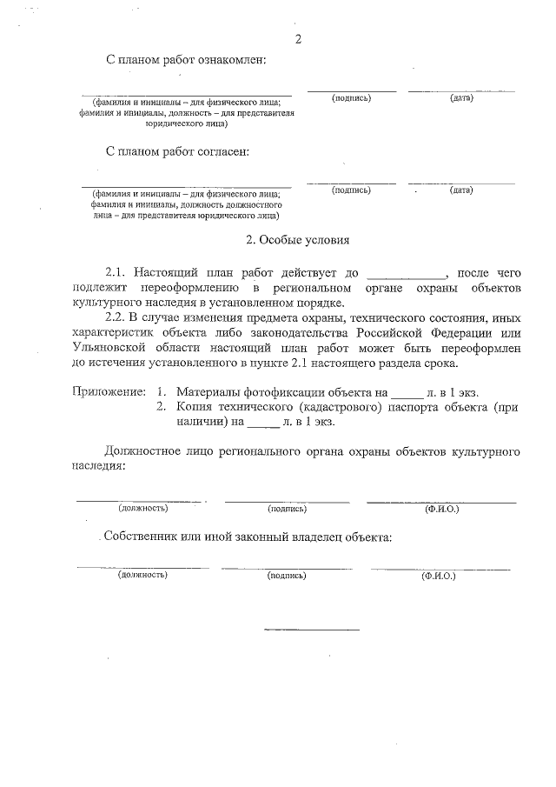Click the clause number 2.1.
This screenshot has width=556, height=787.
tap(116, 273)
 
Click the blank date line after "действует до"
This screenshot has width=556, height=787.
tap(407, 274)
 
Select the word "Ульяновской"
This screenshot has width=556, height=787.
tap(112, 348)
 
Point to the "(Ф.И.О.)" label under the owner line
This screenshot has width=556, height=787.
tap(438, 576)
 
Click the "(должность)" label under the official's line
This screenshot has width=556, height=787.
tap(142, 508)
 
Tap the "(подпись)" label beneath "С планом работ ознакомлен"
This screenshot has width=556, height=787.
tap(351, 97)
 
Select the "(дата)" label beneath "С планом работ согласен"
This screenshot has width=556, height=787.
tap(461, 190)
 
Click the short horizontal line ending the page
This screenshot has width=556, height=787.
tap(311, 629)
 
